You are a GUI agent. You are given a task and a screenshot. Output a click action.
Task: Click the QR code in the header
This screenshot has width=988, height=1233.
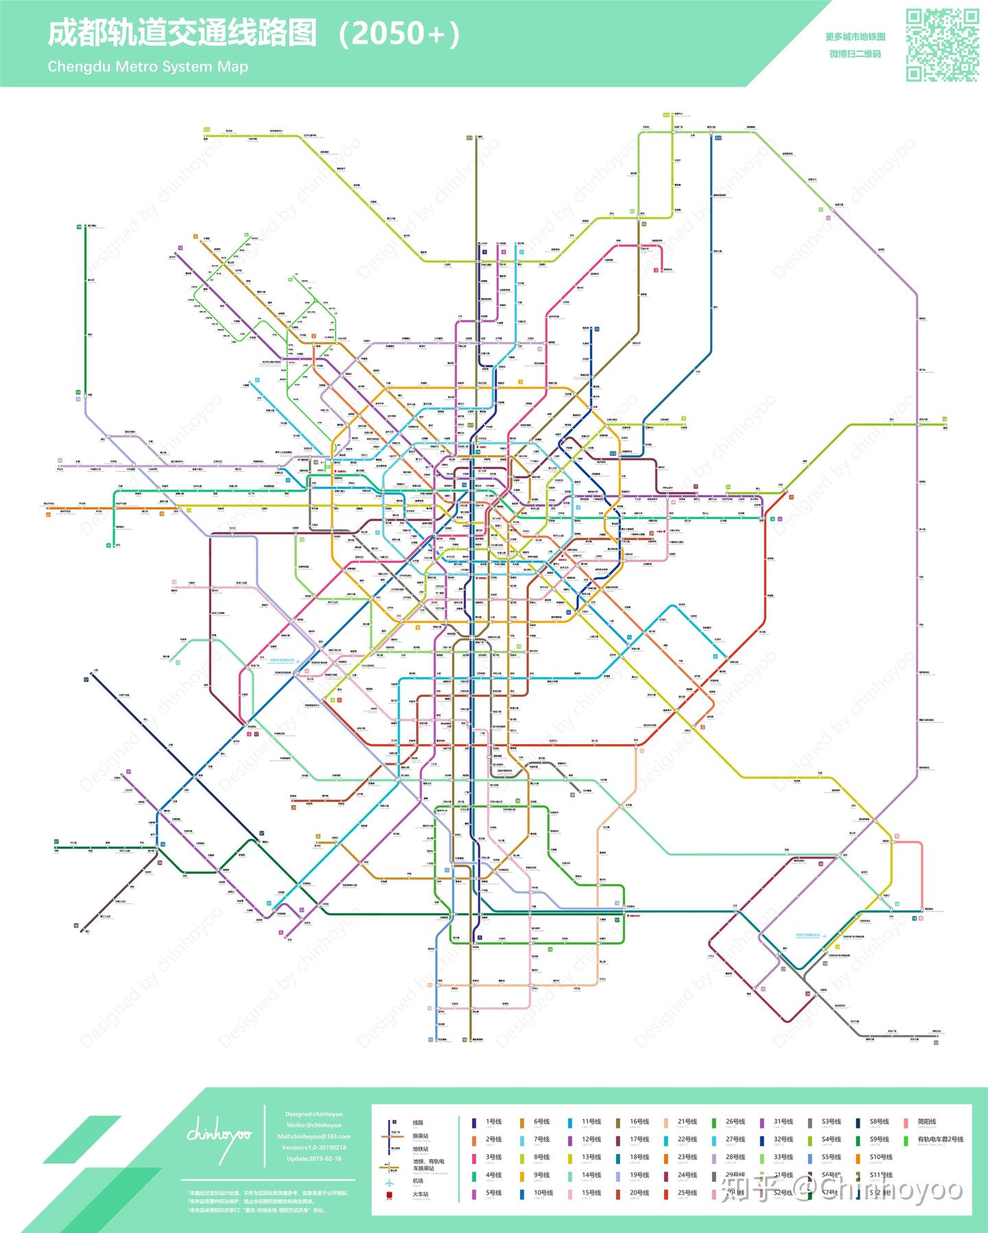click(x=943, y=45)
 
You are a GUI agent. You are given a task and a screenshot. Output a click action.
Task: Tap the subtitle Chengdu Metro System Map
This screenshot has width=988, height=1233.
click(x=148, y=67)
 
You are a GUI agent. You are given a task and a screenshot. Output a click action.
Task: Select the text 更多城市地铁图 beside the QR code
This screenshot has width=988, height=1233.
click(x=855, y=37)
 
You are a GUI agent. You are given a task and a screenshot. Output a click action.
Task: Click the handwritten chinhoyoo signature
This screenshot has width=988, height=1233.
click(x=220, y=1134)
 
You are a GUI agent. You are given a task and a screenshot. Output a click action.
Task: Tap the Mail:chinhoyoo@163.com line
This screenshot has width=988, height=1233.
click(x=314, y=1136)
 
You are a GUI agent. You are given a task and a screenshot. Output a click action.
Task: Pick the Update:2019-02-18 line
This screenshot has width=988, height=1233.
click(x=314, y=1158)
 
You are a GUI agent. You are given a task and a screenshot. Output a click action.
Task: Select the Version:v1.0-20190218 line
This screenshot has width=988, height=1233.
click(x=314, y=1147)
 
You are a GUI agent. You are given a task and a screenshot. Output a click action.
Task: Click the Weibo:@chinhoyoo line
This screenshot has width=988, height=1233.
click(x=314, y=1125)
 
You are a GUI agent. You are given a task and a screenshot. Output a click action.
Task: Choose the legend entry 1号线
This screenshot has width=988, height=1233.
click(x=493, y=1122)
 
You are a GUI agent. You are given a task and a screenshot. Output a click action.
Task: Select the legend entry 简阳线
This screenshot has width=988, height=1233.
click(x=926, y=1122)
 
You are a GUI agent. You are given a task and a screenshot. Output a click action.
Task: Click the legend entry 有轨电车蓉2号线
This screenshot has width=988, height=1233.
click(x=940, y=1140)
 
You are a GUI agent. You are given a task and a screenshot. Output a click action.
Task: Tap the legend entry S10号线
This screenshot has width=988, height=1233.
click(x=880, y=1157)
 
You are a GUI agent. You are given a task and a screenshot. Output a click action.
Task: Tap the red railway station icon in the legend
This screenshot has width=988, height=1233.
click(x=390, y=1196)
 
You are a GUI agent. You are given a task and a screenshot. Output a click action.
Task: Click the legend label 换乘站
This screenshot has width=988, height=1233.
click(x=420, y=1136)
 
